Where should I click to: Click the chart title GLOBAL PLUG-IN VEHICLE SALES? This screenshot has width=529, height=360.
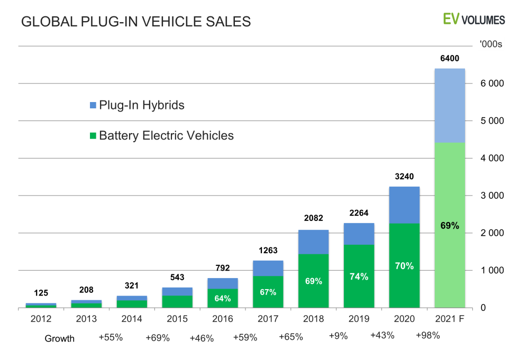[x=135, y=22]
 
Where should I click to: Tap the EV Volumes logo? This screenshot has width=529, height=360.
[x=474, y=20]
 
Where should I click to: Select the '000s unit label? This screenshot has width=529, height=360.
[x=491, y=44]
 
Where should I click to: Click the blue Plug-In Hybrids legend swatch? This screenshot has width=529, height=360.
[x=93, y=105]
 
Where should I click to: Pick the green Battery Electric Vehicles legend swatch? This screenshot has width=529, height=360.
[x=93, y=136]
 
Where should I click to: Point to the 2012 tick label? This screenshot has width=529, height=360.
[x=41, y=319]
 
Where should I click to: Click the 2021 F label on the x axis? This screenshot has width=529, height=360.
[x=450, y=319]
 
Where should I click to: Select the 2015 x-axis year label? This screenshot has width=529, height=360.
[x=177, y=319]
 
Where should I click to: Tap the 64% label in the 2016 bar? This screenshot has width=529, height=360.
[x=223, y=298]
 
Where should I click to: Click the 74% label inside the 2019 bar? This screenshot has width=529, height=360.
[x=359, y=276]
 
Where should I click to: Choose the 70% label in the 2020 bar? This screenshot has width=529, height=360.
[x=404, y=266]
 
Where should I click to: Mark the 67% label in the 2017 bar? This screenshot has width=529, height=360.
[x=268, y=292]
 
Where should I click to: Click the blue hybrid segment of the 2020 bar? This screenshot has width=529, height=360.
[x=404, y=205]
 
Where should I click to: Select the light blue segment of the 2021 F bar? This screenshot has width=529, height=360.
[x=450, y=105]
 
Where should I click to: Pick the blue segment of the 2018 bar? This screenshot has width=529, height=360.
[x=314, y=242]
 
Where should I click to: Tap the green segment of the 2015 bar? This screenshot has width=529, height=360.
[x=177, y=301]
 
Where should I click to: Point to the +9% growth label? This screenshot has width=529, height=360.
[x=338, y=335]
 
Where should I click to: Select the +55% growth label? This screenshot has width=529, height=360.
[x=111, y=337]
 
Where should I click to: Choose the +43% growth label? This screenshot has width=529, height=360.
[x=381, y=335]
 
